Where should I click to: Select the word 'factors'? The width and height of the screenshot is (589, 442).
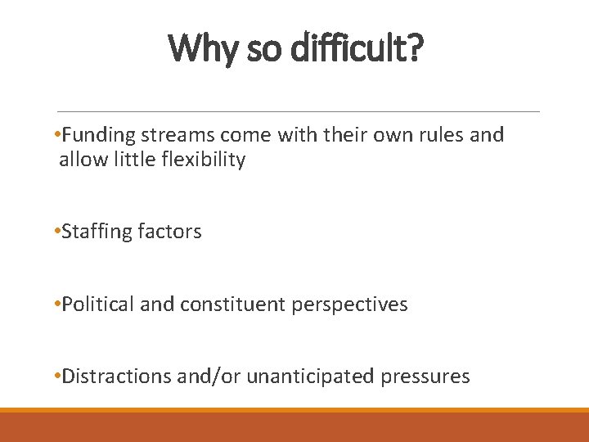tap(170, 232)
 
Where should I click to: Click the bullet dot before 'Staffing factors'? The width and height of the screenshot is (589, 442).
tap(55, 232)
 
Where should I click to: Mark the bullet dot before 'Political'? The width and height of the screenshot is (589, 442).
tap(55, 304)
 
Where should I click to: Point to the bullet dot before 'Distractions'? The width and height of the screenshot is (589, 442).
tap(55, 377)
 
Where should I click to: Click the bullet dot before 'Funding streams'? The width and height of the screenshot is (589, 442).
tap(55, 135)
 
